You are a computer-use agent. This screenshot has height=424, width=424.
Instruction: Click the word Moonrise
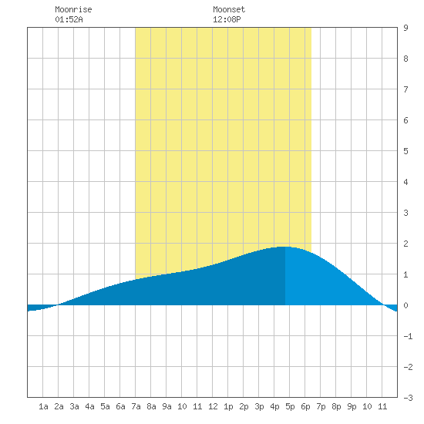[x=73, y=9]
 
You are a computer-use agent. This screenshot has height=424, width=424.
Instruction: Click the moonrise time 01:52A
[x=69, y=19]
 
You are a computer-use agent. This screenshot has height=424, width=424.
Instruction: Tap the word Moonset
[x=229, y=9]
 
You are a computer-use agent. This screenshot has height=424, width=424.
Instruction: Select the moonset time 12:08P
[x=227, y=19]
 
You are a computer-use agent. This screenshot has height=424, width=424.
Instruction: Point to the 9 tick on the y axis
[x=405, y=28]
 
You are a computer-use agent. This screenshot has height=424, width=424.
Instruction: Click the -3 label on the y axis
[x=408, y=398]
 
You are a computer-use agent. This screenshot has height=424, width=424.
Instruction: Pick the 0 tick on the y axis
[x=405, y=305]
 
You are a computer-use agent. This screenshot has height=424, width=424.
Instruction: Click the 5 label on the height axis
[x=405, y=151]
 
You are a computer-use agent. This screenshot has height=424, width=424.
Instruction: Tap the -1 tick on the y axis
[x=408, y=336]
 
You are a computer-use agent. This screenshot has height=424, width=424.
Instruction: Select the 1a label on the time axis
[x=43, y=406]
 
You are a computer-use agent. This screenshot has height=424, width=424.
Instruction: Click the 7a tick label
[x=136, y=406]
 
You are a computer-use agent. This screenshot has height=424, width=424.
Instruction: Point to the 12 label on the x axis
[x=213, y=406]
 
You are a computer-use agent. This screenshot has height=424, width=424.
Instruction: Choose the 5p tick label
[x=290, y=406]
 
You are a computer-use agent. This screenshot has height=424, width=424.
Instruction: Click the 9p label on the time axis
[x=352, y=406]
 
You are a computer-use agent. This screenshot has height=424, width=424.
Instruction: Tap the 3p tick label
[x=259, y=406]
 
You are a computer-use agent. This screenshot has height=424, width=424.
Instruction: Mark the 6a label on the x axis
[x=120, y=406]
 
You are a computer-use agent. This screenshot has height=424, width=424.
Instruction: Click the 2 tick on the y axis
[x=405, y=244]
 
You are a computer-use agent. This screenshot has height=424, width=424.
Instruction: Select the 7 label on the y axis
[x=405, y=89]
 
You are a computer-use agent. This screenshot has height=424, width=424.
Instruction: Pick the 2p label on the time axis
[x=244, y=406]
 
